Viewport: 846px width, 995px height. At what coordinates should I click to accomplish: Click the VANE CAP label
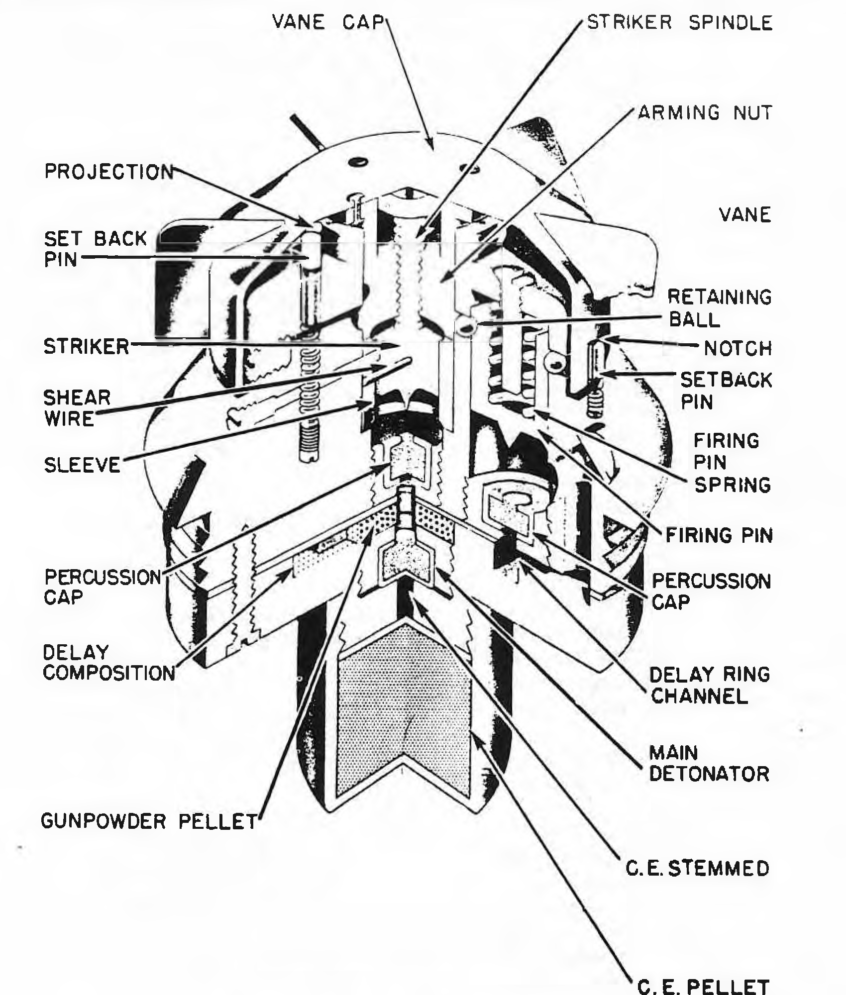[x=329, y=22]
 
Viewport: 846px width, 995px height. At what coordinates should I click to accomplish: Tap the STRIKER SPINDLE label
[x=680, y=22]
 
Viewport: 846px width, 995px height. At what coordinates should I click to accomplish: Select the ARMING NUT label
[x=705, y=112]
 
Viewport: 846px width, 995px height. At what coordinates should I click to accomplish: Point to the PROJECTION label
[x=109, y=171]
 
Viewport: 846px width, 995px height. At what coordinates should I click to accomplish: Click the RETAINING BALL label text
[x=719, y=308]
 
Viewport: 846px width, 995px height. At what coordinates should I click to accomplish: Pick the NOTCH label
[x=738, y=348]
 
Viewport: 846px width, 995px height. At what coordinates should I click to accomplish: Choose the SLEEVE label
[x=82, y=465]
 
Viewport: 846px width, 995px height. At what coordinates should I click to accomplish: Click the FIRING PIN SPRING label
[x=732, y=463]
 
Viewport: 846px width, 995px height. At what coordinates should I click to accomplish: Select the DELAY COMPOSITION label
[x=109, y=663]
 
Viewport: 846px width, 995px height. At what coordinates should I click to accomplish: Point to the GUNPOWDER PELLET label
[x=149, y=821]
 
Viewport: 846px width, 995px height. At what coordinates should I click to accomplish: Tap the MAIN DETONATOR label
[x=710, y=764]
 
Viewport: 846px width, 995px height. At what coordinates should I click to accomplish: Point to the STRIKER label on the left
[x=87, y=346]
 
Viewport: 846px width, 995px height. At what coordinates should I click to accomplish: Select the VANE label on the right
[x=745, y=215]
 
